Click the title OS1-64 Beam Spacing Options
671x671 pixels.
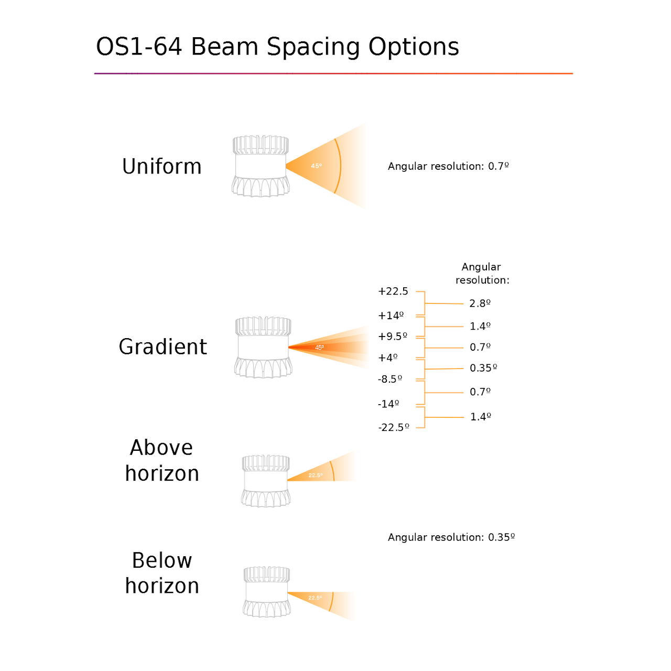[x=277, y=47]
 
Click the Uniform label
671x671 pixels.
[x=161, y=166]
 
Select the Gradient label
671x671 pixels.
[x=163, y=347]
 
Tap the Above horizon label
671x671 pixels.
[x=162, y=460]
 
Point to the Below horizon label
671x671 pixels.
[x=162, y=573]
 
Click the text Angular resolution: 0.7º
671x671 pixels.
[x=448, y=166]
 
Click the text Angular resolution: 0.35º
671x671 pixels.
[x=451, y=537]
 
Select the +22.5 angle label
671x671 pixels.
[x=393, y=291]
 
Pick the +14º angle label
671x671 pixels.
[x=391, y=316]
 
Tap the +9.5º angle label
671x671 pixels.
[x=392, y=337]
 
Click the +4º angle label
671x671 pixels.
[x=387, y=358]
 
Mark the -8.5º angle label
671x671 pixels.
[x=389, y=379]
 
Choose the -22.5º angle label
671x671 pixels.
[x=393, y=427]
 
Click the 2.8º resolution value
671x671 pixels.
[x=480, y=304]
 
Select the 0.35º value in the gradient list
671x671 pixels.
[x=483, y=368]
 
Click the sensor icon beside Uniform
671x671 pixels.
[x=261, y=166]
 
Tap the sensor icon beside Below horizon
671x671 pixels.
[x=266, y=592]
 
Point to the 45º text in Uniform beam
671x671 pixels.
[x=316, y=166]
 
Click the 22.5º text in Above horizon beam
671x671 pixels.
[x=315, y=475]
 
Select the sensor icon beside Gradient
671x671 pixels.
[x=263, y=347]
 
